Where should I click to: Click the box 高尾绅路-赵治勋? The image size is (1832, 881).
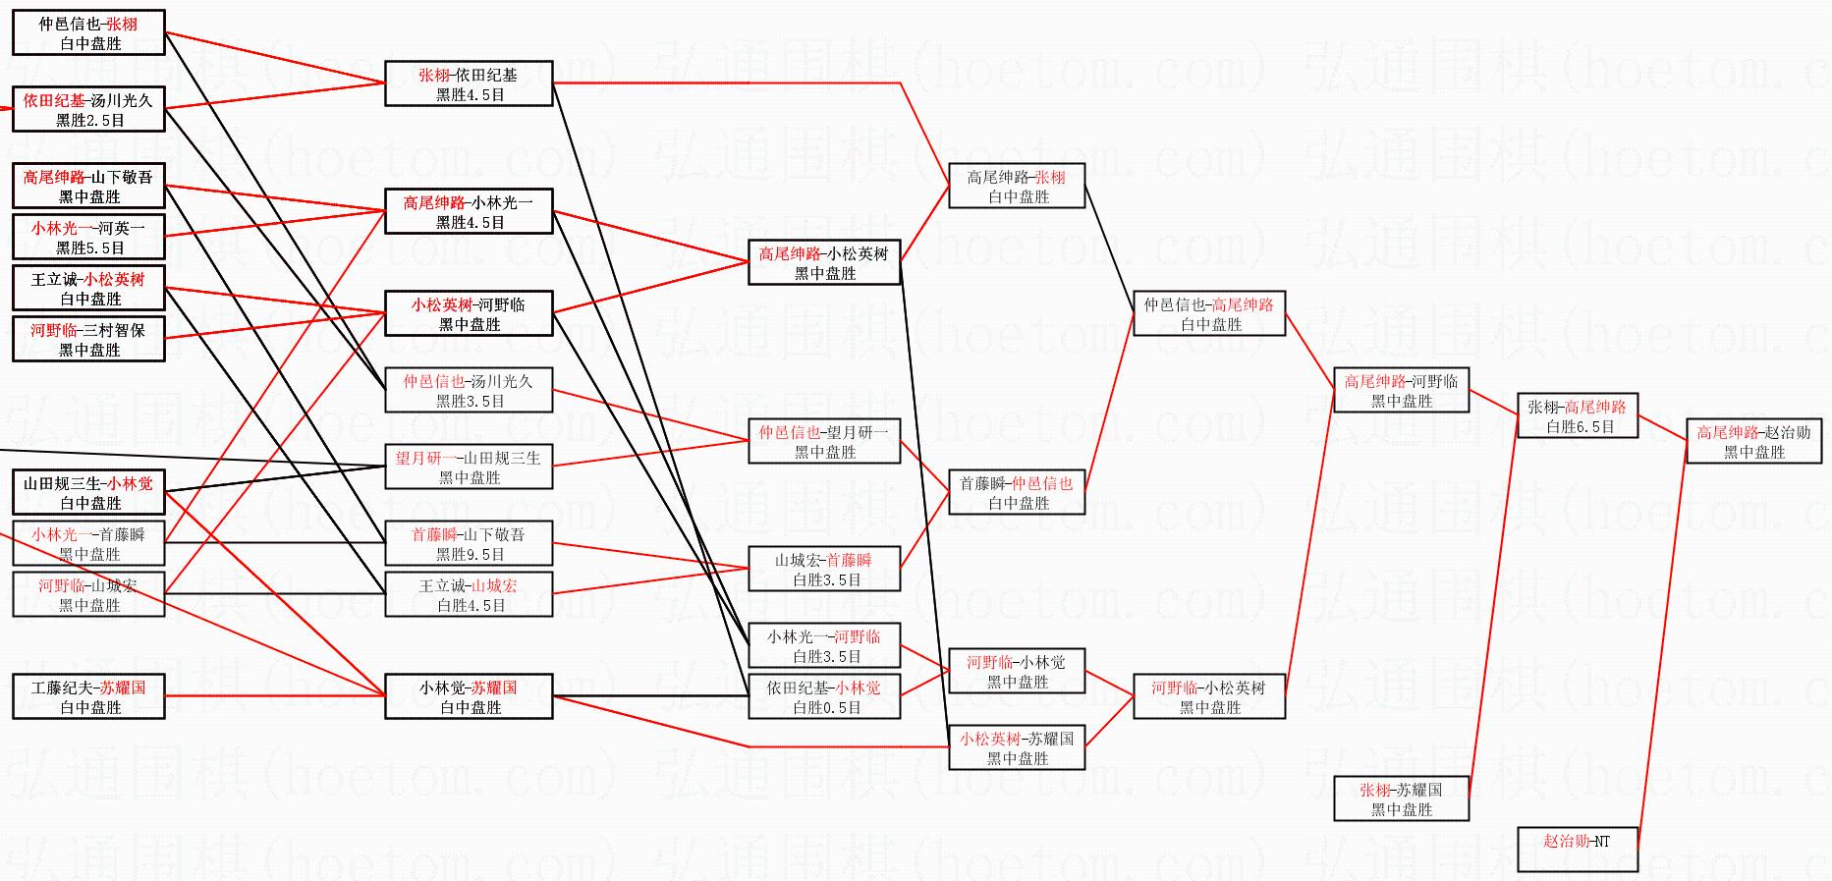click(1753, 442)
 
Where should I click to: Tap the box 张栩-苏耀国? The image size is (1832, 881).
click(1401, 798)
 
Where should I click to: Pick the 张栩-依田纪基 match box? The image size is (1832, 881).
click(469, 83)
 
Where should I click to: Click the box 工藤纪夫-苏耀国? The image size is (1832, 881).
click(88, 696)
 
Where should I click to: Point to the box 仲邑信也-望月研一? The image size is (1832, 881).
click(824, 441)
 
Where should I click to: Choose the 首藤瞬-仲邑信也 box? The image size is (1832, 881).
click(1016, 492)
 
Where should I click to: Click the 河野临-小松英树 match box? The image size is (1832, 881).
click(1208, 696)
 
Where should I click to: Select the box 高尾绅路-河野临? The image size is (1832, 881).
click(1401, 390)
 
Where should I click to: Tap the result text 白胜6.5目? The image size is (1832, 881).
click(1580, 427)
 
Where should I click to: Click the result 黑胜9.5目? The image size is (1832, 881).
click(470, 555)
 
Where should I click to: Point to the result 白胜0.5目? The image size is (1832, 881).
click(826, 708)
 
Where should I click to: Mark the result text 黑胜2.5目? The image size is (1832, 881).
click(90, 121)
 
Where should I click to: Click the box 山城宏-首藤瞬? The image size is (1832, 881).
click(824, 569)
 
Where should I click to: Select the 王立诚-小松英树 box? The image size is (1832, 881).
click(88, 288)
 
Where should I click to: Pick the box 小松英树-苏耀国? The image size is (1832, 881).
click(1016, 747)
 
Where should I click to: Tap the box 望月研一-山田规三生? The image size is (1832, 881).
click(469, 467)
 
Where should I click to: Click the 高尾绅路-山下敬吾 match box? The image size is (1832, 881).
click(88, 186)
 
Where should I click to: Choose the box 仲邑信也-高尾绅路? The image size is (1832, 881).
click(1208, 313)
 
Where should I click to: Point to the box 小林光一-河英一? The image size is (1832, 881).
click(88, 237)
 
